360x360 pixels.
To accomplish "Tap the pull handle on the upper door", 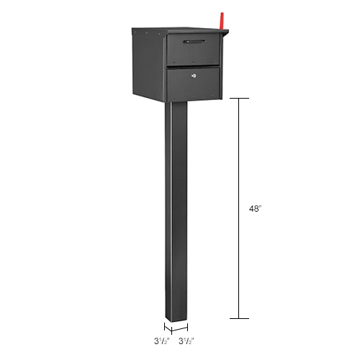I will (194, 42).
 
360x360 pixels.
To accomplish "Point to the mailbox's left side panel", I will (149, 65).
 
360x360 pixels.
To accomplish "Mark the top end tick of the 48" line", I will (239, 98).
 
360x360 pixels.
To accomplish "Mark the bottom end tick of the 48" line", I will (239, 318).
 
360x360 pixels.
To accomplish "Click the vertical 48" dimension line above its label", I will (239, 151).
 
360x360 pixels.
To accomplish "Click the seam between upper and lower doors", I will (194, 66).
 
